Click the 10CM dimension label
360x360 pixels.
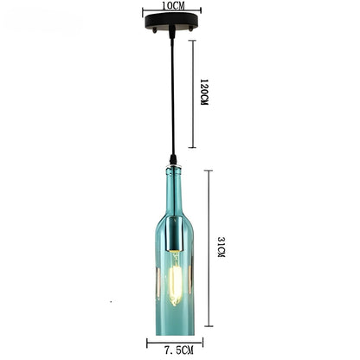tap(173, 6)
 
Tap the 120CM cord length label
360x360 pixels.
tap(204, 92)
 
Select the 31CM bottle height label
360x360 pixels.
tap(222, 247)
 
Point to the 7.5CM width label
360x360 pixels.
tap(179, 350)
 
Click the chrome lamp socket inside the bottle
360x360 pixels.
tap(173, 233)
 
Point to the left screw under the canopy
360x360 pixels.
tap(155, 29)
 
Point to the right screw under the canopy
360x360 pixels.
tap(190, 29)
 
